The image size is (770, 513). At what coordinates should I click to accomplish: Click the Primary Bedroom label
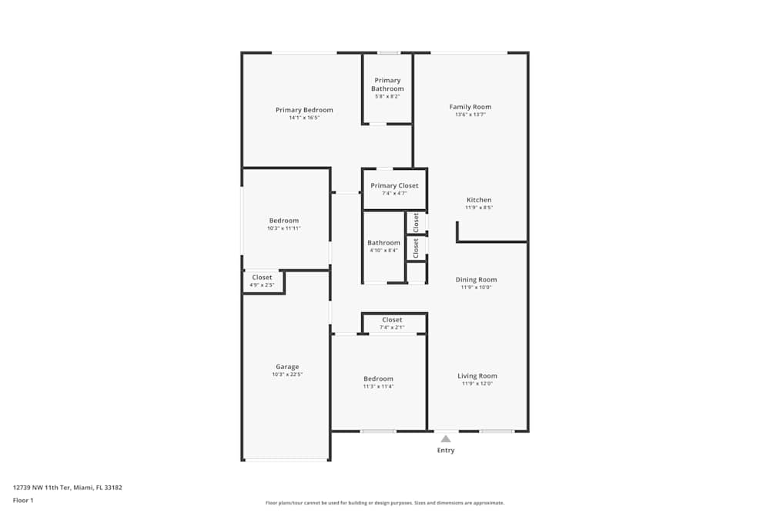click(x=304, y=110)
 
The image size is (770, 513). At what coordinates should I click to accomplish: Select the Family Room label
click(x=470, y=107)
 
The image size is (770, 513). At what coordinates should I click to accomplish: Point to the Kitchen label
click(x=478, y=200)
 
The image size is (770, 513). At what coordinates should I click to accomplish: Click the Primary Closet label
click(x=394, y=185)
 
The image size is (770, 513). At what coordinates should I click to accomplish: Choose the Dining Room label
click(x=477, y=280)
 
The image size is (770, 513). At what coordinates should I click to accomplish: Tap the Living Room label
click(x=477, y=376)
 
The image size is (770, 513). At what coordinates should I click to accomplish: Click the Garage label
click(x=287, y=367)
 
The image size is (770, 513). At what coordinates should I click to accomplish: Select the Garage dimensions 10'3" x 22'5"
click(x=287, y=375)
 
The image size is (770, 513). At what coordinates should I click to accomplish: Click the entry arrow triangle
click(x=446, y=438)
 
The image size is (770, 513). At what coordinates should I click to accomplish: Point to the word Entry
click(x=446, y=450)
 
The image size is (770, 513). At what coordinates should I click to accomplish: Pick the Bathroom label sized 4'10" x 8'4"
click(x=383, y=243)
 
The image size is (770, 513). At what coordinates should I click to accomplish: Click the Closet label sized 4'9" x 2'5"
click(x=262, y=278)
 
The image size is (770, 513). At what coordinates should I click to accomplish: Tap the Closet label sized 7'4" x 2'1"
click(x=392, y=320)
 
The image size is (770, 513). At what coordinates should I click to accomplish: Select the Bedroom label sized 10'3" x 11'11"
click(x=283, y=221)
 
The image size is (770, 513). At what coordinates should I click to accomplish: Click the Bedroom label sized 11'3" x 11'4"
click(x=378, y=378)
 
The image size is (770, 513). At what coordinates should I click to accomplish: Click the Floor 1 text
click(x=23, y=500)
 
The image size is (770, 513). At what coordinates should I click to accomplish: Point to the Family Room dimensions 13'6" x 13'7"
click(x=470, y=115)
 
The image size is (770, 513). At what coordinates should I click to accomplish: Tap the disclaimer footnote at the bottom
click(x=384, y=503)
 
